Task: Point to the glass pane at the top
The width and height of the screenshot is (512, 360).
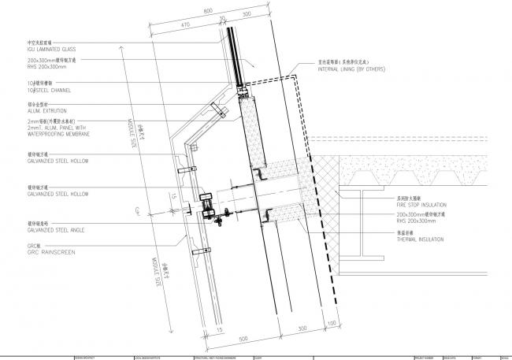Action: pos(234,47)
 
